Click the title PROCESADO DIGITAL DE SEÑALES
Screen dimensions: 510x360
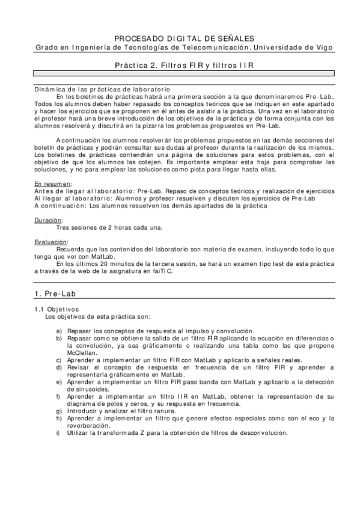click(180, 37)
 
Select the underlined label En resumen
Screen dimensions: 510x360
click(52, 183)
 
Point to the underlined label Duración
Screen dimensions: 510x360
click(47, 220)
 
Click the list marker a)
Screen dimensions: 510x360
click(58, 331)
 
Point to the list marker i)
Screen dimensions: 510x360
click(58, 433)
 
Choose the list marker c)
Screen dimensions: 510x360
click(58, 360)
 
